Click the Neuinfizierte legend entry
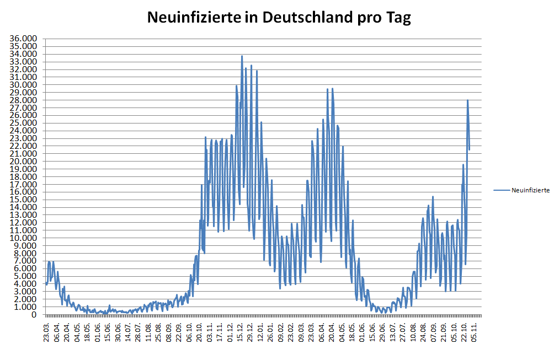530,190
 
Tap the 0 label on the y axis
34,315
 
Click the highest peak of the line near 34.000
242,56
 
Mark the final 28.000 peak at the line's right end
467,100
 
